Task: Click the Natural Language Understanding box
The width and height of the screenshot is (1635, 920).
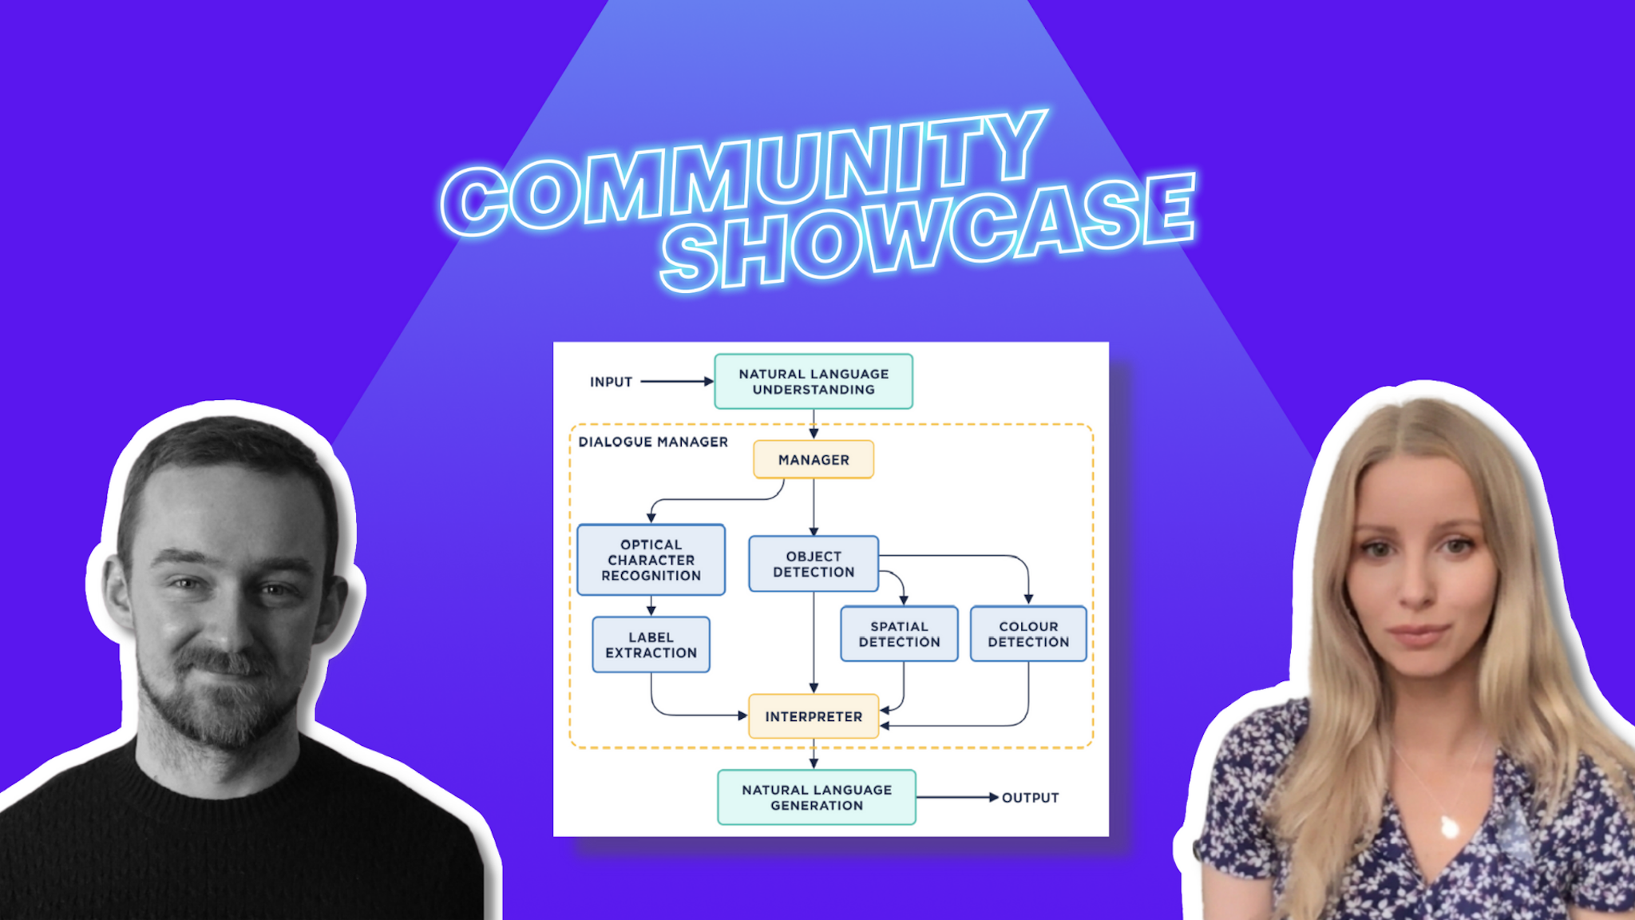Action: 813,382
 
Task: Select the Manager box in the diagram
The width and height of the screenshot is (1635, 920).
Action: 813,460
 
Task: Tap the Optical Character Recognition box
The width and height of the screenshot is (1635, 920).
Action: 651,560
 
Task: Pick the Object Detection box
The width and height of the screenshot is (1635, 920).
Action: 813,564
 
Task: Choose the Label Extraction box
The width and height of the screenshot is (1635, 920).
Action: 651,644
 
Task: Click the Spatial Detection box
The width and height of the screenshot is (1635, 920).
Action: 899,634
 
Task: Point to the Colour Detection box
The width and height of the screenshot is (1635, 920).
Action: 1028,634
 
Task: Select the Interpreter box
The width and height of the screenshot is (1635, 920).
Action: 813,716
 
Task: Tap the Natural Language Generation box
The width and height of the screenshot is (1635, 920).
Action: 816,797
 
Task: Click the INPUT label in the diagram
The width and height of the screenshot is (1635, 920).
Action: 611,382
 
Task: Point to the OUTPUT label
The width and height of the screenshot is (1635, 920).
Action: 1030,798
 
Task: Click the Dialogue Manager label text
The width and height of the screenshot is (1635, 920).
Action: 652,442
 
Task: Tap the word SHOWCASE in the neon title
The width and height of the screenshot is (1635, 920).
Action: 926,232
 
